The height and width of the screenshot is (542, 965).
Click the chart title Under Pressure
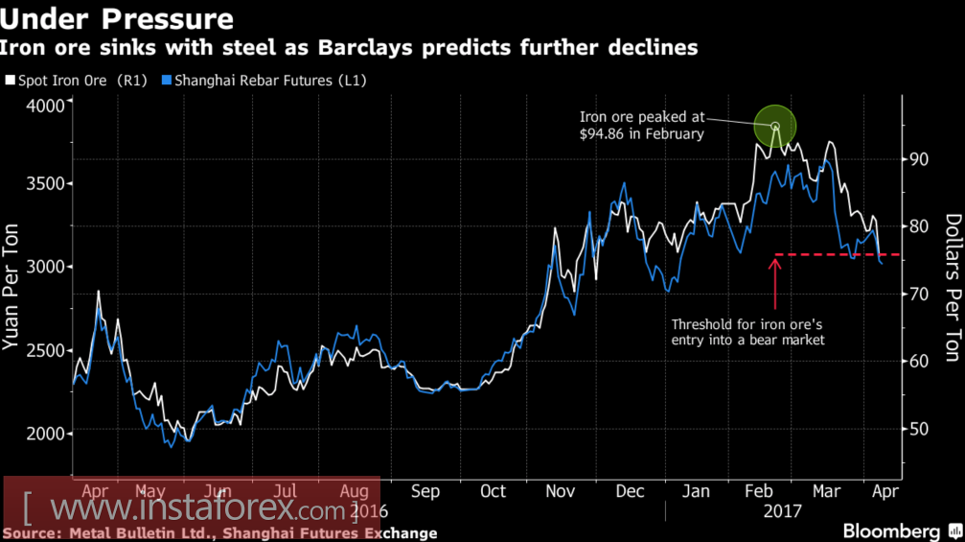tap(119, 18)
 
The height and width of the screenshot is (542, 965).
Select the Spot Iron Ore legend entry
tap(77, 81)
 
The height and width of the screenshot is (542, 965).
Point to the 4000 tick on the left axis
tap(44, 103)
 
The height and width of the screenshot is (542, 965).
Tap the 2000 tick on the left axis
tap(44, 434)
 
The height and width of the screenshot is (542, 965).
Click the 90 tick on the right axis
tap(919, 158)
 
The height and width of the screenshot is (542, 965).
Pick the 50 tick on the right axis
tap(919, 429)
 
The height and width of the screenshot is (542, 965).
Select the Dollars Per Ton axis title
tap(952, 287)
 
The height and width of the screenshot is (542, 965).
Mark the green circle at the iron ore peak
tap(775, 127)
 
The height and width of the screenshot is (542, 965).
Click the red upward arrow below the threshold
tap(775, 277)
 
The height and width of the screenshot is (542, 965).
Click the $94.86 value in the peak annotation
tap(602, 134)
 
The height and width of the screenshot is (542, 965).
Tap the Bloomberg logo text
tap(891, 531)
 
